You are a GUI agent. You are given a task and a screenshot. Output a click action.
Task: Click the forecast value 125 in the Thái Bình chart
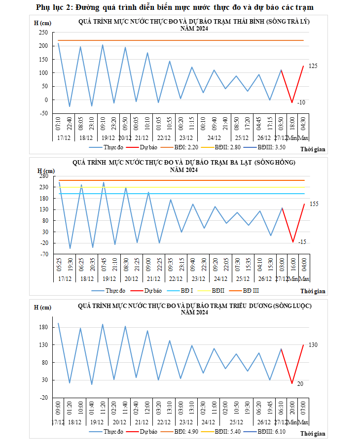click(x=312, y=66)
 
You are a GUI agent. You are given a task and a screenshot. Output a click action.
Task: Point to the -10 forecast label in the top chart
click(x=301, y=103)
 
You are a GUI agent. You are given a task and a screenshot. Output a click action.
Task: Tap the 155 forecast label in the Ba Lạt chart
click(x=314, y=204)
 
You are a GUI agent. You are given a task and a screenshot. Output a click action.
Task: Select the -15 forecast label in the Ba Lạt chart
click(x=302, y=242)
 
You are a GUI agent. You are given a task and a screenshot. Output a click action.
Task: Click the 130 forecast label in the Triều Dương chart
click(x=313, y=345)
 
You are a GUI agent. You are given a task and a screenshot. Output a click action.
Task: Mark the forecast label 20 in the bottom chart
click(x=300, y=383)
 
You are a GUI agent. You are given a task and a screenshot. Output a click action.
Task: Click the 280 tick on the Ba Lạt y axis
click(x=42, y=176)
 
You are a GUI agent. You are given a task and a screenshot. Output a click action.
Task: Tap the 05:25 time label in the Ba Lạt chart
click(x=58, y=265)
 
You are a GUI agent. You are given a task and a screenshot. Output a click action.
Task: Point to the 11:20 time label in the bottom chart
click(x=103, y=409)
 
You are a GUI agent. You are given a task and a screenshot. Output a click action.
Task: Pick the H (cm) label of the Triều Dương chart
click(x=42, y=308)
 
